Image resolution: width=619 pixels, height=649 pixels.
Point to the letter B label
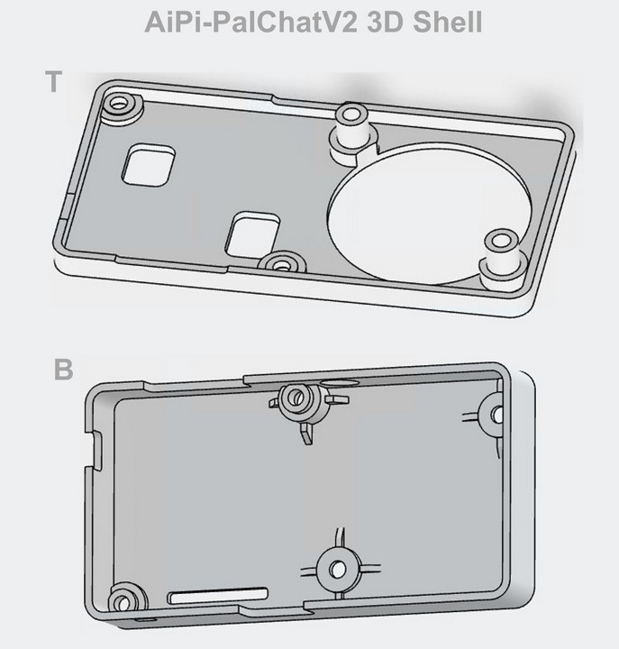pyautogui.click(x=62, y=370)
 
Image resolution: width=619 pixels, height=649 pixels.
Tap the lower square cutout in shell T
pyautogui.click(x=252, y=233)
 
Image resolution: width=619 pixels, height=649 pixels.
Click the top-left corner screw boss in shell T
pyautogui.click(x=119, y=105)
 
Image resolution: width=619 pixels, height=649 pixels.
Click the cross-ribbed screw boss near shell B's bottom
pyautogui.click(x=337, y=569)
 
